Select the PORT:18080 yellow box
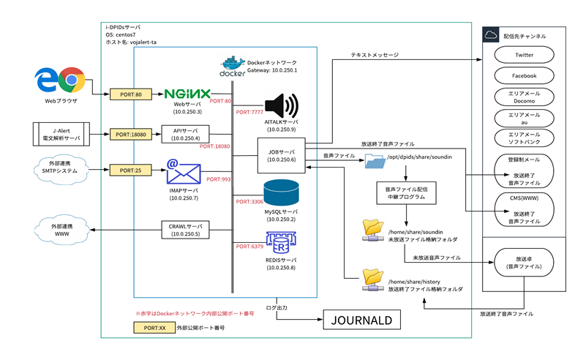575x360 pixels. pos(130,134)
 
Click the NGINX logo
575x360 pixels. pos(188,94)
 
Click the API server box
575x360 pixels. pos(186,134)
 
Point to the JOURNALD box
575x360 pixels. pos(363,320)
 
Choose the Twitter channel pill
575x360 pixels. pos(524,55)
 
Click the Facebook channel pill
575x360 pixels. pos(524,75)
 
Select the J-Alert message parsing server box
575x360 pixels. pos(61,134)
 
